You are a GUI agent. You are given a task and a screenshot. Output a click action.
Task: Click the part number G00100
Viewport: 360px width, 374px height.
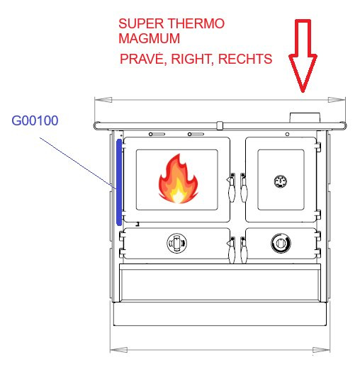[35, 120]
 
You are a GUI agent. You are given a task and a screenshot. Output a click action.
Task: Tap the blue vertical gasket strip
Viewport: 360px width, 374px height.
[119, 183]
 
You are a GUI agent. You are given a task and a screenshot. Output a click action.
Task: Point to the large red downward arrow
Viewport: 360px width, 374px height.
[303, 56]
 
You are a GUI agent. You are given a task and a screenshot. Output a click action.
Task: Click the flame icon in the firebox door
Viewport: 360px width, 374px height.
[178, 178]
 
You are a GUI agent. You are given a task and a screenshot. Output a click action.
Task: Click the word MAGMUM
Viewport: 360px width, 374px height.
[149, 38]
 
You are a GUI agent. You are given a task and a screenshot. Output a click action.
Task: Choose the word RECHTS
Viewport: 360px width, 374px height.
[245, 59]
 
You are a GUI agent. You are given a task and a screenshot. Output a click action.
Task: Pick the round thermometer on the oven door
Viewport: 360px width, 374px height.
[281, 181]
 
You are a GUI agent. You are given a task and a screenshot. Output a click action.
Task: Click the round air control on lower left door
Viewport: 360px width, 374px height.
[176, 243]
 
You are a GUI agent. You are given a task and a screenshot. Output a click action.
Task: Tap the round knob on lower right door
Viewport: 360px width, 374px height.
[281, 243]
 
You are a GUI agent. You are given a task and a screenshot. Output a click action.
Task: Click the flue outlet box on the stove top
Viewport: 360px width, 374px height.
[305, 118]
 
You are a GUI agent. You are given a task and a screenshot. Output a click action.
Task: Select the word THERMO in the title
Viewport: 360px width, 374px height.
[196, 23]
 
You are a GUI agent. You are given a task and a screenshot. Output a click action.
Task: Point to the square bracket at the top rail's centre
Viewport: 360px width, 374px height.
[220, 125]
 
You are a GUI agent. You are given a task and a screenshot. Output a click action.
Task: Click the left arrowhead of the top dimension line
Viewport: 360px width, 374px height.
[103, 100]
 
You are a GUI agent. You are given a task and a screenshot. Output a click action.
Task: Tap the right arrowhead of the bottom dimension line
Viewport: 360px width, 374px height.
[321, 350]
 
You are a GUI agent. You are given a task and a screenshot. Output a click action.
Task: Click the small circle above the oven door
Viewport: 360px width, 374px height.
[287, 135]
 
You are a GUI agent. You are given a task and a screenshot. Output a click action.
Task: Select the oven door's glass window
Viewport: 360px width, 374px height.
[281, 180]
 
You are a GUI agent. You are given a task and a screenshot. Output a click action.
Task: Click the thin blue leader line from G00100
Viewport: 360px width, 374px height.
[78, 164]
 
